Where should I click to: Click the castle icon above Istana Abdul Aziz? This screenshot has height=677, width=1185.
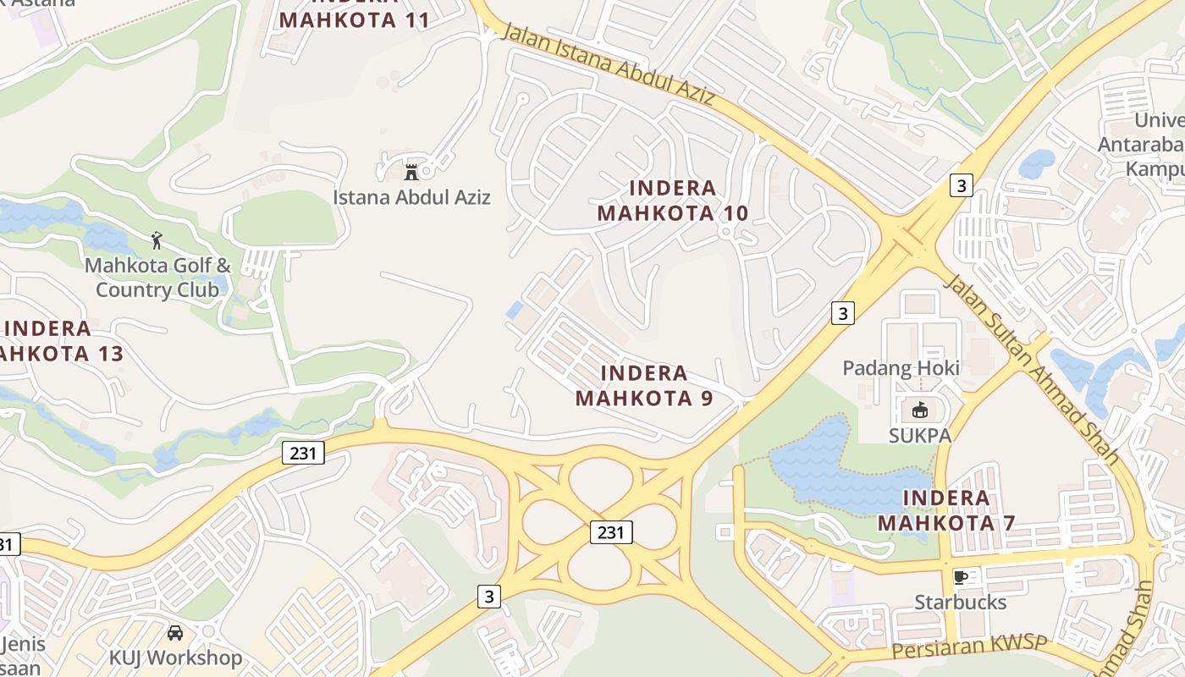411,172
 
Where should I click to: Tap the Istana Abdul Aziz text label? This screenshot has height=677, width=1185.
411,197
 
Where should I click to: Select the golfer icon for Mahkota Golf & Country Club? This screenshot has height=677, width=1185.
157,240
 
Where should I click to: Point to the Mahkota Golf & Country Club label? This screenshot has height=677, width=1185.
157,278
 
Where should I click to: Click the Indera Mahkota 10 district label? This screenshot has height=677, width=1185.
673,201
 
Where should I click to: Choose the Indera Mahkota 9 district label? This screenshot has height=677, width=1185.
644,385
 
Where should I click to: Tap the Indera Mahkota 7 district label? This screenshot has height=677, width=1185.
945,510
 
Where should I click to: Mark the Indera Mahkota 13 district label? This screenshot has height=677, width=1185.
59,341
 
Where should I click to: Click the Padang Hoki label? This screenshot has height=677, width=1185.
901,368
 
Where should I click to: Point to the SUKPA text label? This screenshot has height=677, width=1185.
919,436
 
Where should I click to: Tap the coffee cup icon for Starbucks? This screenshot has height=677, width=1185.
960,577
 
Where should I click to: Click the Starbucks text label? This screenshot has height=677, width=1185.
960,603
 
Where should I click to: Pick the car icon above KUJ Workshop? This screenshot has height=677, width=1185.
175,633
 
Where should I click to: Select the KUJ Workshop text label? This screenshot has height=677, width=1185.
175,658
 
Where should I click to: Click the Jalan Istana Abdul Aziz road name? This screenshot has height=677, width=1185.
609,65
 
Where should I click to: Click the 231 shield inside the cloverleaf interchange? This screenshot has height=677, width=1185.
611,532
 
